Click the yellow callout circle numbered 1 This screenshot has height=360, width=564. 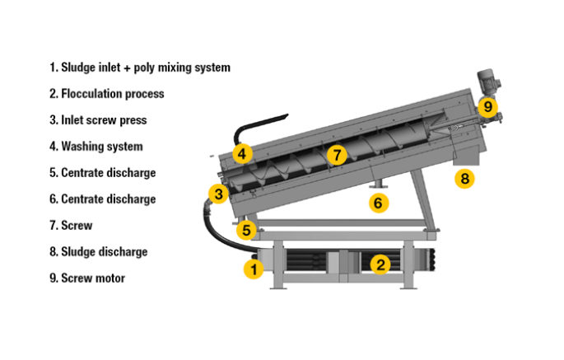click(x=254, y=268)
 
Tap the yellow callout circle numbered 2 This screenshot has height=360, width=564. click(x=380, y=264)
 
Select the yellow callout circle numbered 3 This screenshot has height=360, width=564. click(x=217, y=194)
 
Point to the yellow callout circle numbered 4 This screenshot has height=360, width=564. click(x=241, y=152)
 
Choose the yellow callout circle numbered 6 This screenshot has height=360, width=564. click(x=378, y=203)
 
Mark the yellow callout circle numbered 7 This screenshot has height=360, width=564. click(x=334, y=154)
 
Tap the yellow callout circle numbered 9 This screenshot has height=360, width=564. click(x=487, y=106)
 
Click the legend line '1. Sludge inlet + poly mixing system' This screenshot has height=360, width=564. click(x=140, y=68)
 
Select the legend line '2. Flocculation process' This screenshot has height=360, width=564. click(x=107, y=94)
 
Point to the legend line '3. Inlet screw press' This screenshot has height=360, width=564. click(x=98, y=120)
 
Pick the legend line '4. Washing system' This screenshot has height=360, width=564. click(x=96, y=147)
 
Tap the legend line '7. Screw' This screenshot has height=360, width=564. click(x=71, y=225)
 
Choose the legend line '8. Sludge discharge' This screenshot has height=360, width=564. click(x=99, y=251)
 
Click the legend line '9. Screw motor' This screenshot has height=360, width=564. click(x=87, y=278)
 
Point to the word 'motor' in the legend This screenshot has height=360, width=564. click(x=110, y=278)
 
